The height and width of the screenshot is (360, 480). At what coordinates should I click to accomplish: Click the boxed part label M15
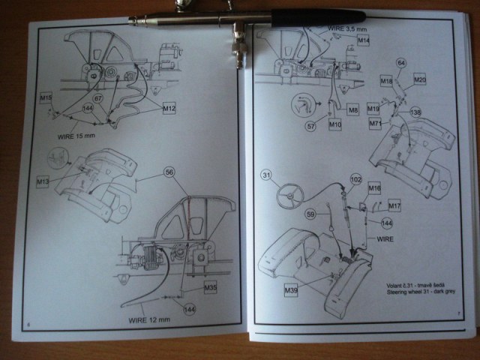[46, 98]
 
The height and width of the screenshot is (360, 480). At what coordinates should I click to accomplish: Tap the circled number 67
[97, 98]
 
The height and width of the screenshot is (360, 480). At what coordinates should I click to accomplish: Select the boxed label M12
[169, 109]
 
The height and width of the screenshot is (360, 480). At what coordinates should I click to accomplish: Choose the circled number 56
[169, 172]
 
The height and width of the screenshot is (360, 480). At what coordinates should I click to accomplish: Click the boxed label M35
[210, 287]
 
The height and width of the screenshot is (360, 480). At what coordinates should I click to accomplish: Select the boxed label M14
[363, 39]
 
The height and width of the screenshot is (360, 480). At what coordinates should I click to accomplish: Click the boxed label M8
[353, 110]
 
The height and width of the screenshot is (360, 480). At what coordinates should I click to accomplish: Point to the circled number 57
[310, 127]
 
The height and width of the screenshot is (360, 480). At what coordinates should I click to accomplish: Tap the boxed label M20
[419, 79]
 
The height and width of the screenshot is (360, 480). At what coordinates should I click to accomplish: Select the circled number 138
[415, 112]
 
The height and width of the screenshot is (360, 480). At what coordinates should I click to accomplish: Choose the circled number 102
[355, 180]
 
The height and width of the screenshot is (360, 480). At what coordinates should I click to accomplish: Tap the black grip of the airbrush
[319, 16]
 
